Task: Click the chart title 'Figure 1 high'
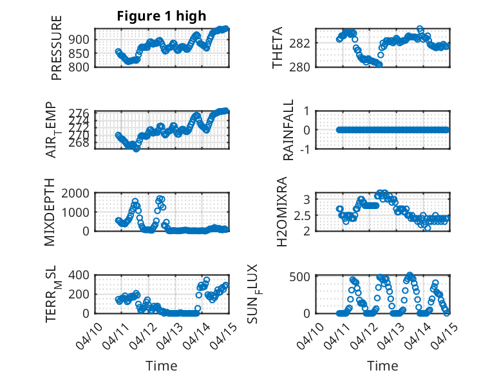point(162,16)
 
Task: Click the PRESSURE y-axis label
point(57,53)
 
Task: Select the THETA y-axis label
point(278,48)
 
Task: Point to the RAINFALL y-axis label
point(290,130)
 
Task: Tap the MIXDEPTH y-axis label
point(51,212)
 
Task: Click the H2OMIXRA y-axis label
point(282,212)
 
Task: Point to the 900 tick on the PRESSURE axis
point(80,39)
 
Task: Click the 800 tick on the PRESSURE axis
point(80,66)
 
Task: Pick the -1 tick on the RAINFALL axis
point(307,149)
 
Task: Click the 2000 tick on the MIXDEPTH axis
point(77,193)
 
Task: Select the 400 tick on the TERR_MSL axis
point(80,275)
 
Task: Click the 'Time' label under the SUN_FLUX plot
point(383,366)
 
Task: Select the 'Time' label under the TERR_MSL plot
point(162,366)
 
